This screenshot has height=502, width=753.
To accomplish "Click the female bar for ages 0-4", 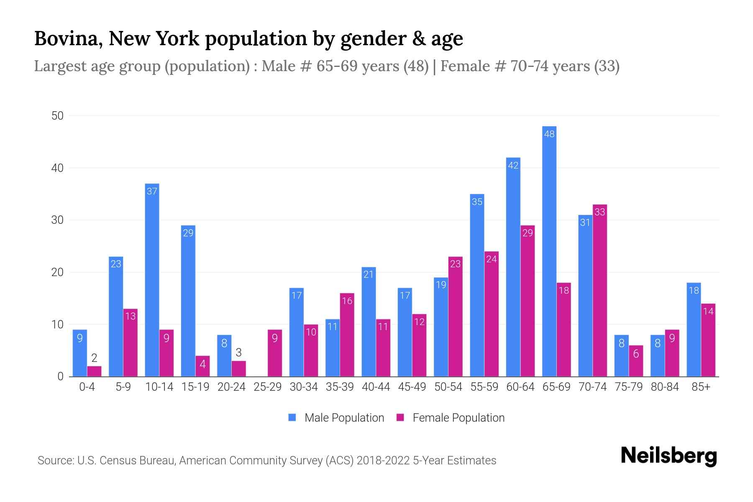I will pyautogui.click(x=94, y=371).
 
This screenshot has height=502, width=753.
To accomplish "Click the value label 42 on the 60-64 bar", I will pyautogui.click(x=513, y=165).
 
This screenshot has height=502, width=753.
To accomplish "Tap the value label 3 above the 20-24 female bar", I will pyautogui.click(x=238, y=352).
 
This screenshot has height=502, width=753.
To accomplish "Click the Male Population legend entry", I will pyautogui.click(x=344, y=417).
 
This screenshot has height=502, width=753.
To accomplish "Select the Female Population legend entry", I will pyautogui.click(x=458, y=417).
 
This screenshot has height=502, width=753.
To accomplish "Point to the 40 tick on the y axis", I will pyautogui.click(x=57, y=168).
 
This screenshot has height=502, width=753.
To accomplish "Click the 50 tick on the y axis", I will pyautogui.click(x=57, y=116).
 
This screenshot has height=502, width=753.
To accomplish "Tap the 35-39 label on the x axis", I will pyautogui.click(x=340, y=387).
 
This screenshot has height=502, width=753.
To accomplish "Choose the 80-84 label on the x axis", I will pyautogui.click(x=664, y=387).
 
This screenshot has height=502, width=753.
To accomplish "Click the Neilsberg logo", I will pyautogui.click(x=668, y=456).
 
